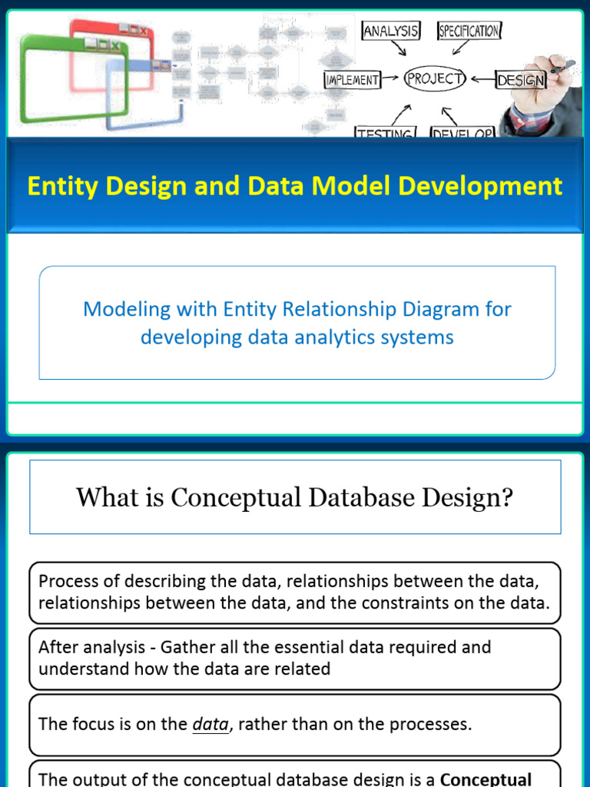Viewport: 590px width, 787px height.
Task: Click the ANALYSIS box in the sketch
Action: pyautogui.click(x=391, y=31)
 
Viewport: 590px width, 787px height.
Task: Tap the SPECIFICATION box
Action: pyautogui.click(x=469, y=31)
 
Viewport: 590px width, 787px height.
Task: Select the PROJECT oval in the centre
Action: pyautogui.click(x=436, y=78)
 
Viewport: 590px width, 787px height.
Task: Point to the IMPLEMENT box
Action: pyautogui.click(x=353, y=79)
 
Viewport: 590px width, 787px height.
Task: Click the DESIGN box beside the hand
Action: pyautogui.click(x=521, y=80)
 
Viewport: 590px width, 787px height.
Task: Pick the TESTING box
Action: pyautogui.click(x=385, y=133)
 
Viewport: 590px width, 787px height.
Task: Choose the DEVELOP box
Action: pyautogui.click(x=462, y=133)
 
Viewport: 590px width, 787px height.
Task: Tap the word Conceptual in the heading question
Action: pyautogui.click(x=236, y=497)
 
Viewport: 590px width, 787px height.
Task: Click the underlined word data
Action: pyautogui.click(x=210, y=724)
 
